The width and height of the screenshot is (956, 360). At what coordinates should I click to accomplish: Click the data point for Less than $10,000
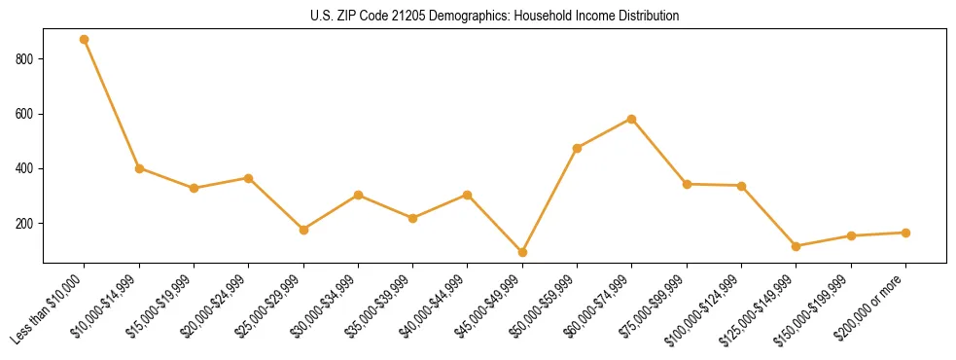[85, 40]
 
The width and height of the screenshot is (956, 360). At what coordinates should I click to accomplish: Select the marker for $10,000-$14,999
[139, 168]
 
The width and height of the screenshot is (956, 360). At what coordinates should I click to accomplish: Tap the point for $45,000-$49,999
[522, 252]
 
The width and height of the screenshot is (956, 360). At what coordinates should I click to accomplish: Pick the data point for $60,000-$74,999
[632, 119]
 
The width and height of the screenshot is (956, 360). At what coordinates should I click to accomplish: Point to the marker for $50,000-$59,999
[578, 148]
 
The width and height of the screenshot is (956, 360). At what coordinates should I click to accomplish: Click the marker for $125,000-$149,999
[797, 246]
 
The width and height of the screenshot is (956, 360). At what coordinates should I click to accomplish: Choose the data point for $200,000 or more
[905, 233]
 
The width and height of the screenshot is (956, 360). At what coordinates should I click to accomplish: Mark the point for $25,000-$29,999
[303, 230]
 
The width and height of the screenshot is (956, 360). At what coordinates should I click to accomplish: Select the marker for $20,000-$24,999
[249, 178]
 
